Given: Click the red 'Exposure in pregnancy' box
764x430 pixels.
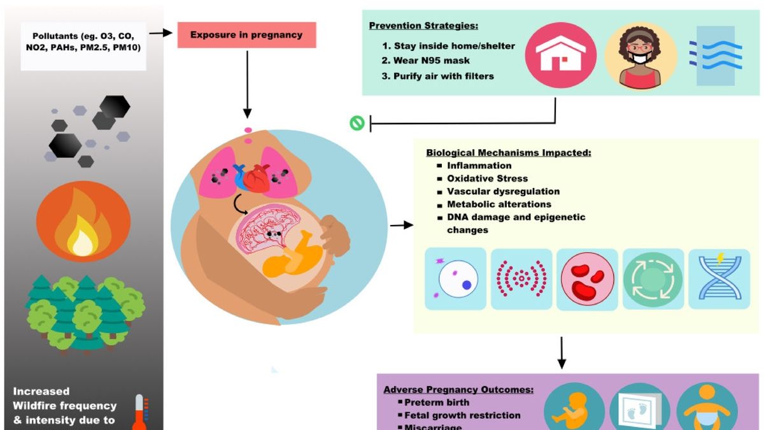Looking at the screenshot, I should coord(246,34).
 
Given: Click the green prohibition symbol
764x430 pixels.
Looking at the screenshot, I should coord(357,123).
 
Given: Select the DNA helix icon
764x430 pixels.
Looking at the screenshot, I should coord(719,279).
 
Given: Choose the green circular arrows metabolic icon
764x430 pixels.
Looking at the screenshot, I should coord(653,279).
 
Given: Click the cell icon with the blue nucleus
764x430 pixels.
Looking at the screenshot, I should coord(456,279).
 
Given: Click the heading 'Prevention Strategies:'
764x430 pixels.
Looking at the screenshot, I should coord(421,26).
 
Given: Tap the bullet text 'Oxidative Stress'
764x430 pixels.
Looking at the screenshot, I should coord(487,178).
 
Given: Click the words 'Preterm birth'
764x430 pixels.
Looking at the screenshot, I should coord(437,403).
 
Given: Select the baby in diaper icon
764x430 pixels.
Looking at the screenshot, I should coord(707,408).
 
